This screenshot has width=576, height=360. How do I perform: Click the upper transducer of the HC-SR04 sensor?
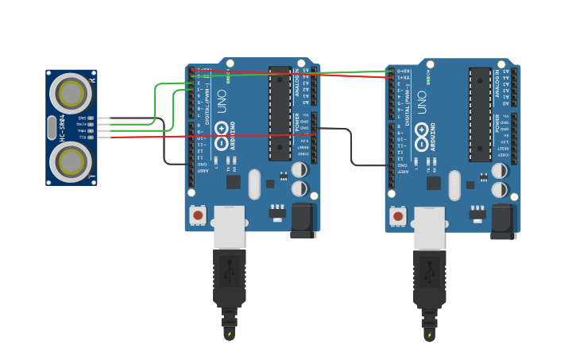[71, 94]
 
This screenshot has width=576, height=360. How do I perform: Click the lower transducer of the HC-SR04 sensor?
[71, 161]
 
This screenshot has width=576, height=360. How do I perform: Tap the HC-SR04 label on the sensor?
[62, 127]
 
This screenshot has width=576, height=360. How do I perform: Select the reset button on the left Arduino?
[198, 215]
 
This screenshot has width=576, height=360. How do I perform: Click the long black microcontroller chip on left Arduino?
[280, 113]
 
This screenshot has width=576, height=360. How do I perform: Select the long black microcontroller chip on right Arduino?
[480, 114]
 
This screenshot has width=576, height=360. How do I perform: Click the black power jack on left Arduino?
[303, 220]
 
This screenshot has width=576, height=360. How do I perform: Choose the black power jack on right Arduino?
[504, 221]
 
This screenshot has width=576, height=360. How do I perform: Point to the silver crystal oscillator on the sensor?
[52, 127]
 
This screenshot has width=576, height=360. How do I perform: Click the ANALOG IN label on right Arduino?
[498, 84]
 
